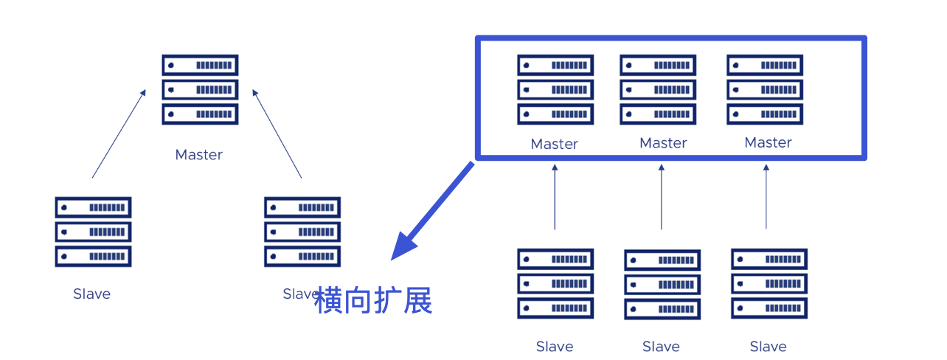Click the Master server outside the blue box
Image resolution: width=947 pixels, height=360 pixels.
(x=200, y=89)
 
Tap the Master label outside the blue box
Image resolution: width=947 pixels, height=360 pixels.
(x=198, y=155)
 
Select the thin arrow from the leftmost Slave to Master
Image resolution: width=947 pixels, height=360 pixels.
(x=119, y=134)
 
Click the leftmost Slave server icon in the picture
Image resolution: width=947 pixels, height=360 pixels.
(x=93, y=232)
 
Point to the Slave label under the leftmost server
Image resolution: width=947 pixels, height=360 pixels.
(x=91, y=294)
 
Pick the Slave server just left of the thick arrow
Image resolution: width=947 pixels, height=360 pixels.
(x=302, y=232)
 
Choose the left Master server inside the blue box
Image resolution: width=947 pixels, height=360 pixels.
(x=555, y=89)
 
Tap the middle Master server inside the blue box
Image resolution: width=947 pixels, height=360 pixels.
(x=658, y=89)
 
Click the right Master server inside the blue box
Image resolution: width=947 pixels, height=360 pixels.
(x=765, y=89)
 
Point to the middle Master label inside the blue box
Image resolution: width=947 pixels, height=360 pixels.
(x=663, y=143)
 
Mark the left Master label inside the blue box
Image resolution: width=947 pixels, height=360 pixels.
(x=554, y=144)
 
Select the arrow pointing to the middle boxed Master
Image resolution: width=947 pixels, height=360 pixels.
(x=661, y=197)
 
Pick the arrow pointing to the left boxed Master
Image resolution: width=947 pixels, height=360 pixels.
(x=555, y=197)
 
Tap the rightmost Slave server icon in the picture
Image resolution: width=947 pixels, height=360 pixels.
(x=769, y=284)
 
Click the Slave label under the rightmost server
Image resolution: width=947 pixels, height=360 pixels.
(x=768, y=347)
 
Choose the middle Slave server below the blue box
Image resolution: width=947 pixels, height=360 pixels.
(x=662, y=285)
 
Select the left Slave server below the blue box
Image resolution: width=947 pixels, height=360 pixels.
(x=555, y=284)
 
